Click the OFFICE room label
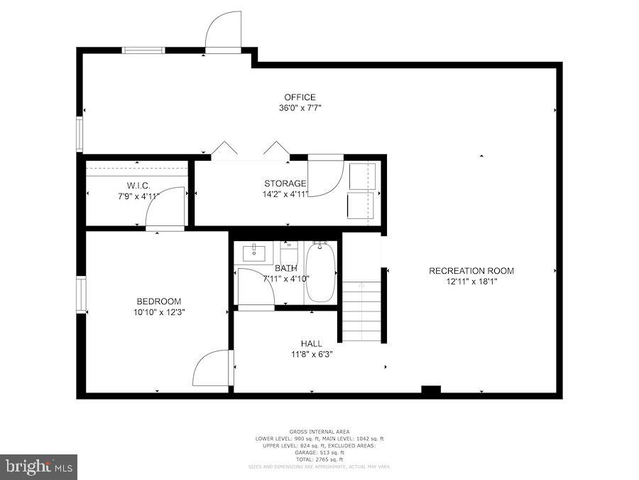point(300,97)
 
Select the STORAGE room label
point(285,183)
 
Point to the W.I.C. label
point(138,185)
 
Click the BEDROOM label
point(159,301)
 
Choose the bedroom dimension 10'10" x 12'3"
point(159,311)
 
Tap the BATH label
point(286,268)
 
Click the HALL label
point(311,343)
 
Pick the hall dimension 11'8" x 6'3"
point(311,354)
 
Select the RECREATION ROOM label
point(471,271)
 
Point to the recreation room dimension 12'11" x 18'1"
point(471,282)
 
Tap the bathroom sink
point(253,252)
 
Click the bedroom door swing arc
point(211,368)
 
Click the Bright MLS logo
point(39,467)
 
